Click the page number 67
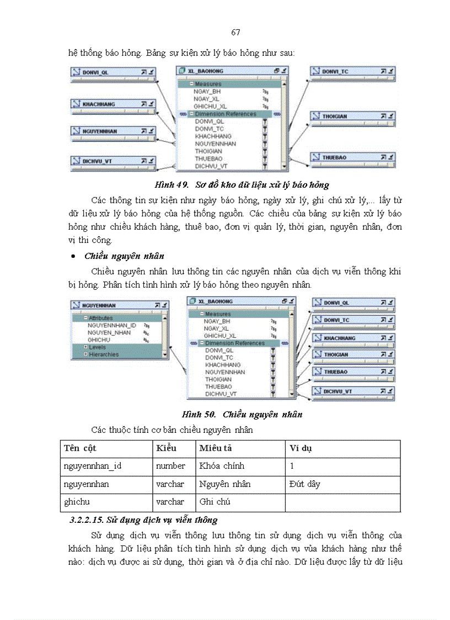tap(235, 32)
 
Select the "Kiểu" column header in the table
tap(166, 448)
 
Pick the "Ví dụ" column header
tap(301, 448)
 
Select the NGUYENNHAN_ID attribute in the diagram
tap(111, 326)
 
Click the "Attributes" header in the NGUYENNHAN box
tap(101, 318)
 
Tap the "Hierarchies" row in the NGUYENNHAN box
tap(104, 354)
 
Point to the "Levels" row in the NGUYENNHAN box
tap(98, 347)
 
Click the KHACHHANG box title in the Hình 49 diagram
tap(99, 104)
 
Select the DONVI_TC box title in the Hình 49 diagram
tap(335, 71)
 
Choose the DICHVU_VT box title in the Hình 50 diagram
tap(337, 391)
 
